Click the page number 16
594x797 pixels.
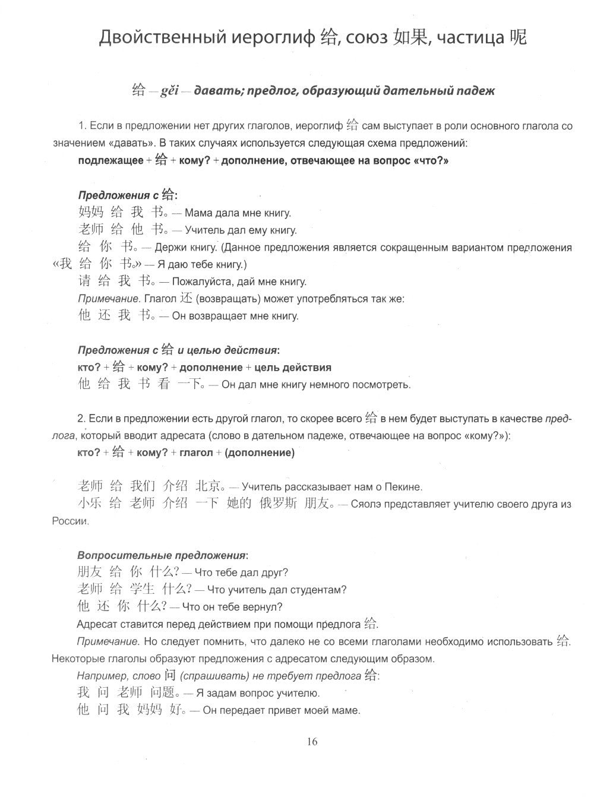(x=312, y=741)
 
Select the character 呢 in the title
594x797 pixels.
(x=517, y=37)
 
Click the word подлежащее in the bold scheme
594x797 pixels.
(x=110, y=160)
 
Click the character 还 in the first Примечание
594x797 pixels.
(x=188, y=298)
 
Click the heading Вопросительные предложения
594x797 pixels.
(x=162, y=555)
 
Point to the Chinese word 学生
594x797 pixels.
(x=141, y=589)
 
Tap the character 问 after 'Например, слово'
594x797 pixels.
(x=170, y=675)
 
